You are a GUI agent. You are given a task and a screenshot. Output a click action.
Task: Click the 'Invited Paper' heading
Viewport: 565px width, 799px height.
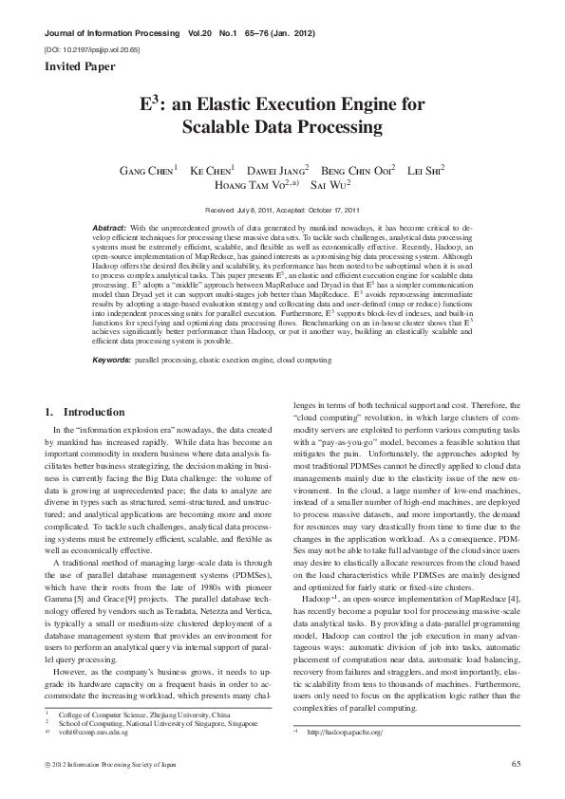[x=80, y=66]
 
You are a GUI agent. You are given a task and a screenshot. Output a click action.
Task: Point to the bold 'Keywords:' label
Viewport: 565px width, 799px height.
[x=111, y=361]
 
